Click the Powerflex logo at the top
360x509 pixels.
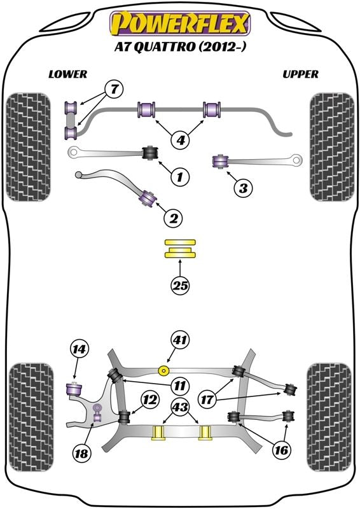point(181,24)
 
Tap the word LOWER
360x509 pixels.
point(67,74)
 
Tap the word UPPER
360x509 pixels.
point(300,74)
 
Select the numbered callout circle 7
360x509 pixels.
point(113,90)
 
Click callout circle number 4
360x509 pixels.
point(181,138)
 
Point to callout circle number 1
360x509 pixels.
point(180,176)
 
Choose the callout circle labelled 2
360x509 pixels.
point(173,219)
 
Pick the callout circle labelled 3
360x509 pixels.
point(242,187)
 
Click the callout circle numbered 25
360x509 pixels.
point(180,287)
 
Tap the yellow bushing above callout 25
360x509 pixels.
point(181,248)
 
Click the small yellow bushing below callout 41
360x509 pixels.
point(165,370)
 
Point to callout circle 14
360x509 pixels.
point(81,349)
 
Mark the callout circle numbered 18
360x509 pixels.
point(81,454)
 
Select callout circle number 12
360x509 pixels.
point(149,400)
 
